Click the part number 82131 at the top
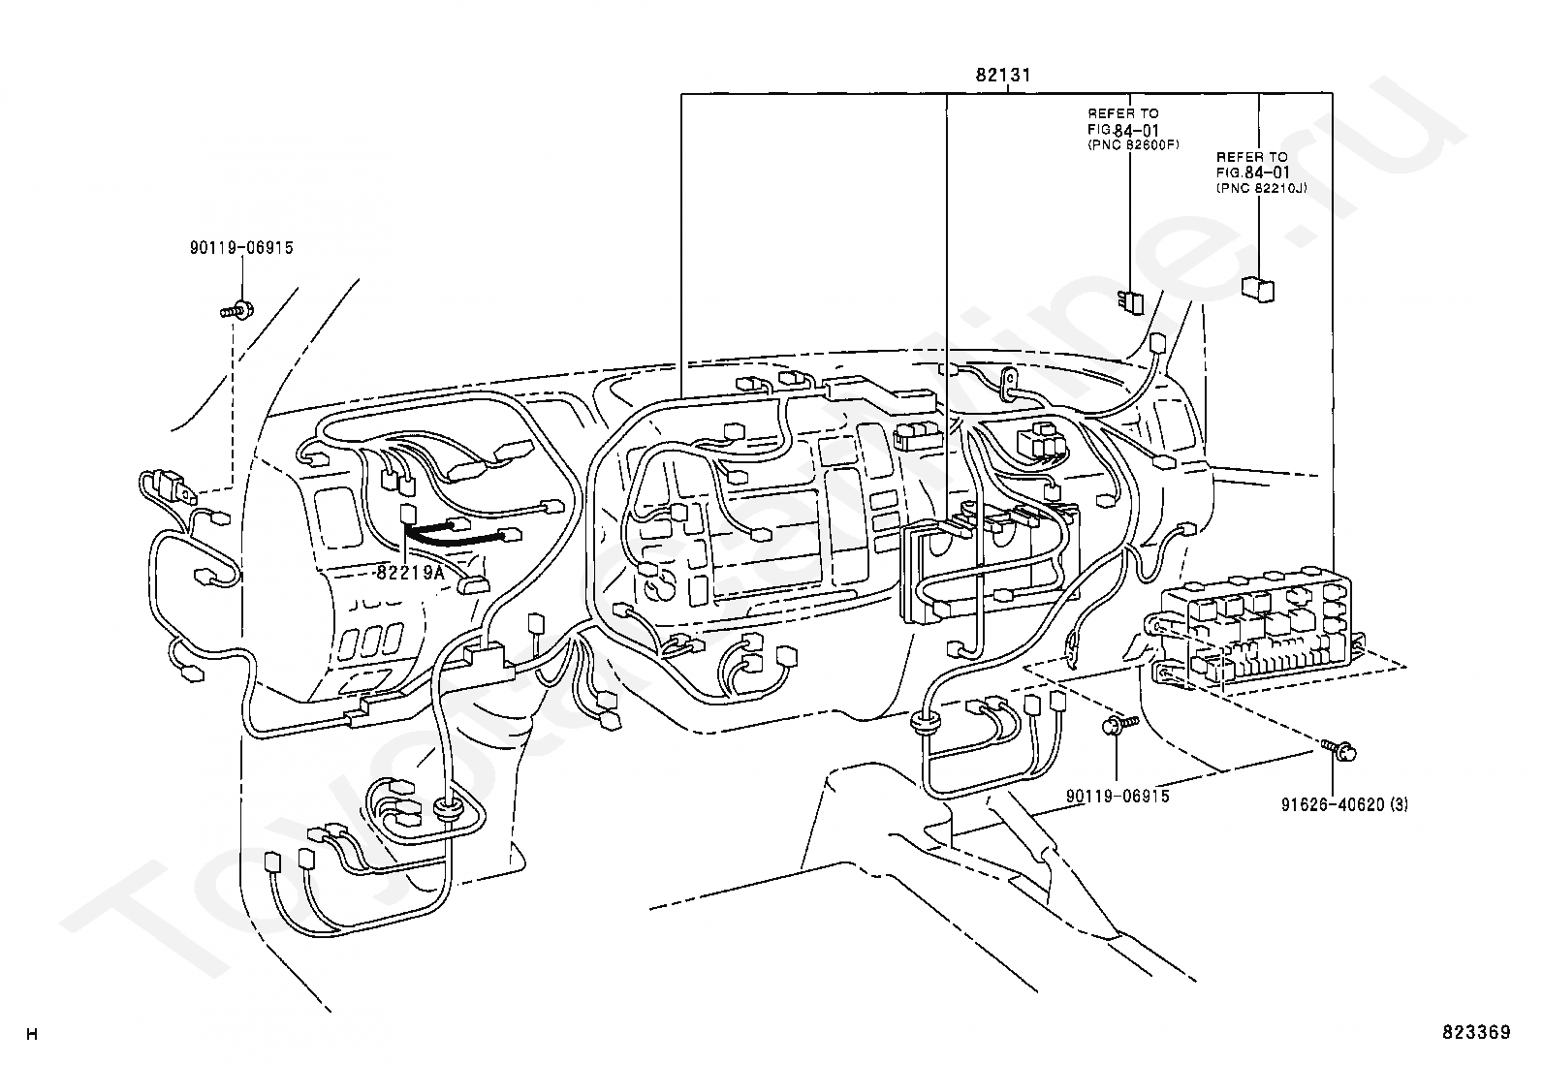coord(1003,75)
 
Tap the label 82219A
coord(411,573)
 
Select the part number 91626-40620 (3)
coord(1344,804)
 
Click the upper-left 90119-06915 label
coord(241,248)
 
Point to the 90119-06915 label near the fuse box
coord(1118,797)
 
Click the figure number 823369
coord(1477,1032)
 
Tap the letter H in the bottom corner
coord(32,1034)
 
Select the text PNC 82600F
coord(1134,145)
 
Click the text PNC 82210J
coord(1262,188)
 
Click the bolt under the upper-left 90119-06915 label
coord(237,310)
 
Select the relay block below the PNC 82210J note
coord(1258,289)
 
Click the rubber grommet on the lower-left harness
coord(449,809)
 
